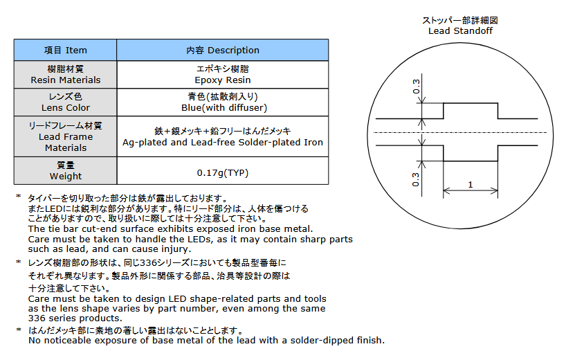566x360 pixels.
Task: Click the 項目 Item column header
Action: click(x=65, y=50)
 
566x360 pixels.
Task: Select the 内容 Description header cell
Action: click(x=222, y=50)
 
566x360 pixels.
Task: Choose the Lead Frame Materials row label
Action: click(x=65, y=136)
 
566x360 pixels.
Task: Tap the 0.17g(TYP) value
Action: click(x=222, y=172)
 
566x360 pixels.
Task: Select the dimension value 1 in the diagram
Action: click(x=471, y=184)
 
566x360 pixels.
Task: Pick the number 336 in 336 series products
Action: click(x=37, y=318)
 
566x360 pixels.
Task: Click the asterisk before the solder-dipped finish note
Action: click(x=19, y=330)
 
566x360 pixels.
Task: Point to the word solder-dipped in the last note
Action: click(x=318, y=340)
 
